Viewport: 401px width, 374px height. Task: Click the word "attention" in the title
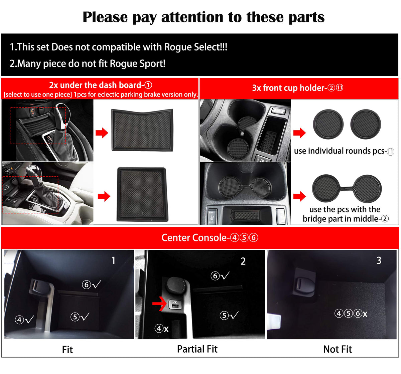tap(193, 17)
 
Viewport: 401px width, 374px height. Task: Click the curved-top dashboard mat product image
tap(142, 130)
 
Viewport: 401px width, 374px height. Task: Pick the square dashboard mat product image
tap(142, 194)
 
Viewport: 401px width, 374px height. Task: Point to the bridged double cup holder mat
tap(347, 188)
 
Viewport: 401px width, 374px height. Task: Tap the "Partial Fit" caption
tap(197, 349)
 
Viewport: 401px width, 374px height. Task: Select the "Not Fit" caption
tap(338, 349)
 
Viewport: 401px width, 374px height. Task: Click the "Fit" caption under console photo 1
tap(67, 350)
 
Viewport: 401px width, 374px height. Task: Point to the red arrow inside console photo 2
tap(159, 303)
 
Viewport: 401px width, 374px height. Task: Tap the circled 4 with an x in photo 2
tap(161, 328)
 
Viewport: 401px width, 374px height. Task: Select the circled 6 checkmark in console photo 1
tap(91, 285)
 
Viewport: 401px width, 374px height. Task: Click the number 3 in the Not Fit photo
tap(379, 260)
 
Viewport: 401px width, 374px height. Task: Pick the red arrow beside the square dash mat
tap(104, 196)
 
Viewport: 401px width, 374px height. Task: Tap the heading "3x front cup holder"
tap(289, 88)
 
